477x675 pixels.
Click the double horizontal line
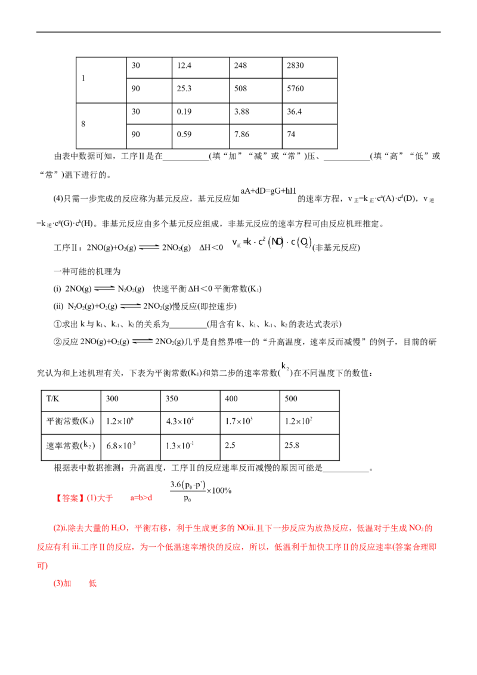150,247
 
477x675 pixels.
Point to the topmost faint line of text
268,191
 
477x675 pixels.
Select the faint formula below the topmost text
272,243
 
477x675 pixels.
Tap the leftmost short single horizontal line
104,289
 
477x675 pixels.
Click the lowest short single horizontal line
142,342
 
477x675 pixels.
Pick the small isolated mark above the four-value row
288,368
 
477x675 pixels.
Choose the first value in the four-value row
119,421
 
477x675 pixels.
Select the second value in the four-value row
178,421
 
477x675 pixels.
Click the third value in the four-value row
238,421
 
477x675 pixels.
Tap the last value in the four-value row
298,421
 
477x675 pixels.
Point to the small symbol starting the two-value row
87,444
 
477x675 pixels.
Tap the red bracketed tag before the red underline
70,497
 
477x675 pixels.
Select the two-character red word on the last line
61,585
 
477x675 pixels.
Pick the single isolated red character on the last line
92,585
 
